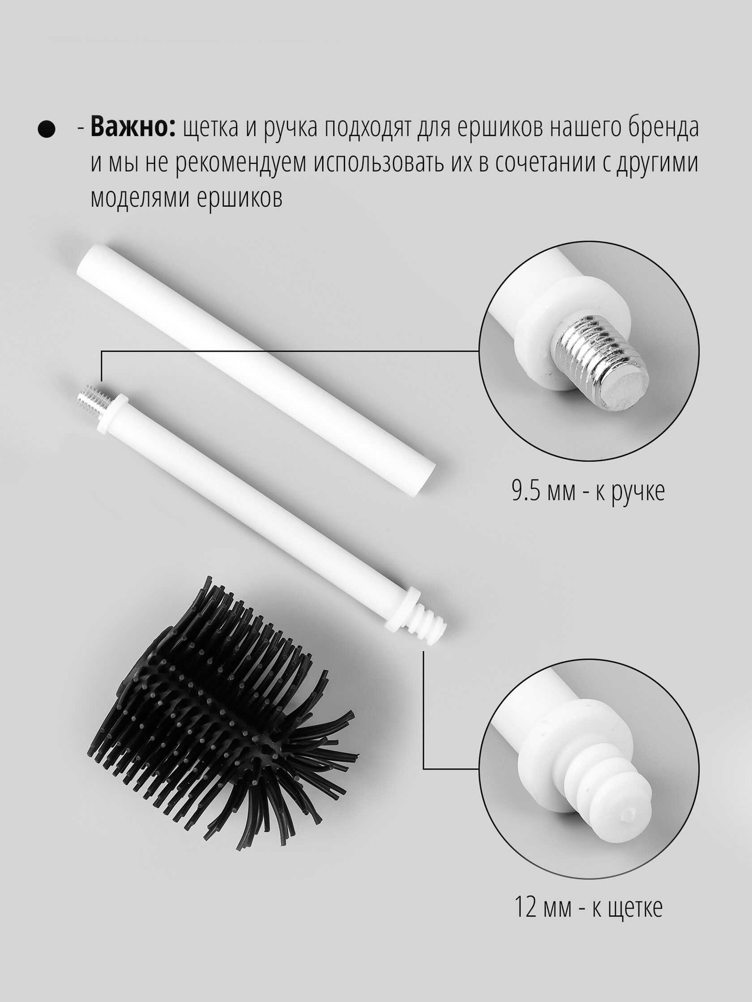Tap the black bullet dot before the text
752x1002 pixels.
tap(46, 129)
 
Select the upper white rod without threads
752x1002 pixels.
tap(257, 367)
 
